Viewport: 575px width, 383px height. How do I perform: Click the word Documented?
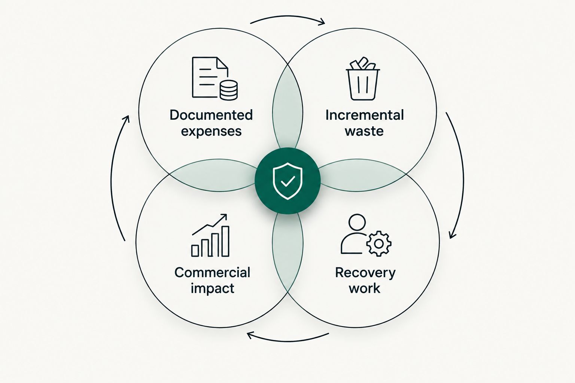[211, 115]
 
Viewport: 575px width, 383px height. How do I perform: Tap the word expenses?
[211, 132]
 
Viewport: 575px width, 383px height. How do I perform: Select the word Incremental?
[365, 115]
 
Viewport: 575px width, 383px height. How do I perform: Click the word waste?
[364, 131]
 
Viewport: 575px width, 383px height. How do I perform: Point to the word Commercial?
[212, 272]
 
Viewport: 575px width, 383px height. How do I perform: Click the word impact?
[212, 288]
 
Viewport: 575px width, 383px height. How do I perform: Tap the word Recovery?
[365, 273]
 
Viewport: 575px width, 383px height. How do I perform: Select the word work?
[364, 288]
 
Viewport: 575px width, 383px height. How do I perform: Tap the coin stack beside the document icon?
[229, 90]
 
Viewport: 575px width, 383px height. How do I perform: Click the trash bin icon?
[363, 79]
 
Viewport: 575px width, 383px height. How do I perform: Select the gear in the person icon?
[379, 244]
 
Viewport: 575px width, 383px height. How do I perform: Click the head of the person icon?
[357, 222]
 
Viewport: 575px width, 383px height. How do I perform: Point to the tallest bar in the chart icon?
[225, 241]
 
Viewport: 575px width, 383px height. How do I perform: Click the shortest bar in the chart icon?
[195, 251]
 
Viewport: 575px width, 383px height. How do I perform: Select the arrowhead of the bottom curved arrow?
[250, 335]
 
